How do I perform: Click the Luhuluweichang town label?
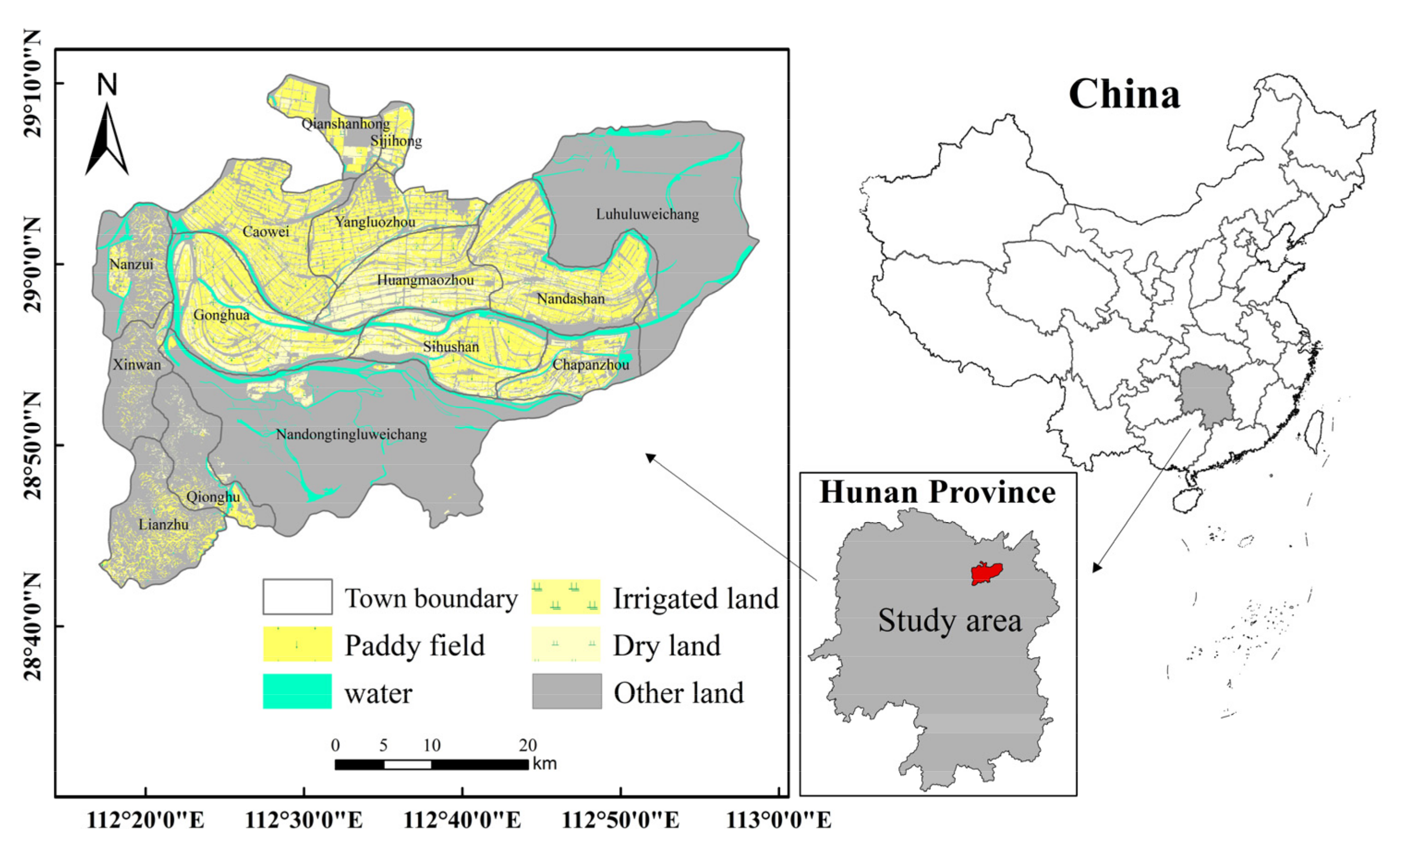point(647,214)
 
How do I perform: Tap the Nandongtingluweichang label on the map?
point(351,435)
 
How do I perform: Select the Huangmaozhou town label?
point(425,280)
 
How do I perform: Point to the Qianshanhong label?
point(345,123)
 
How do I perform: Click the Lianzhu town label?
point(163,524)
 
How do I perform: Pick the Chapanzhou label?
point(591,365)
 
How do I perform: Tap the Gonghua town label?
point(221,315)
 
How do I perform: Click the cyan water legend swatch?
point(297,692)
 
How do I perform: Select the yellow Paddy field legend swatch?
point(297,644)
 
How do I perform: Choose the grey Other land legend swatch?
point(567,692)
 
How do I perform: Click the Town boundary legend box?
point(297,597)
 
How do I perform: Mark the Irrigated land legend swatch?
point(566,597)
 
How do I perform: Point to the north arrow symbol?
point(107,140)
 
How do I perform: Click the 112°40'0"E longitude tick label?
point(462,821)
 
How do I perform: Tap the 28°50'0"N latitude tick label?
point(33,445)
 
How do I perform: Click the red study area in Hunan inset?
point(986,573)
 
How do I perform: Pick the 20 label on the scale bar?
point(527,745)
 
